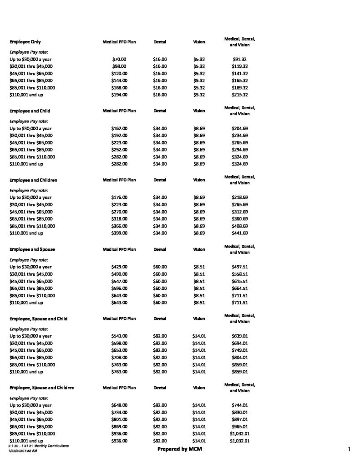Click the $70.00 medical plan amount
(x=119, y=59)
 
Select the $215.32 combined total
(x=239, y=95)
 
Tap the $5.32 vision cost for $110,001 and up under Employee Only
(x=199, y=95)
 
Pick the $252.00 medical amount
(x=119, y=149)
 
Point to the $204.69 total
(x=239, y=128)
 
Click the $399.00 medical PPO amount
(x=119, y=233)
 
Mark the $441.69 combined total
(x=239, y=233)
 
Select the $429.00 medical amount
(x=119, y=267)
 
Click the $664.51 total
(x=239, y=288)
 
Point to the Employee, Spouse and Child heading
(x=39, y=319)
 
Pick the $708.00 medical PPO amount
(x=119, y=357)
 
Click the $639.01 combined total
(x=239, y=336)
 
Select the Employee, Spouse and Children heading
(x=42, y=388)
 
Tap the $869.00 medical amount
(x=119, y=426)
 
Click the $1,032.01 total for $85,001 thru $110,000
(x=239, y=434)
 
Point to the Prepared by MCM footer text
(x=180, y=449)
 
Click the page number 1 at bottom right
(x=348, y=450)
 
